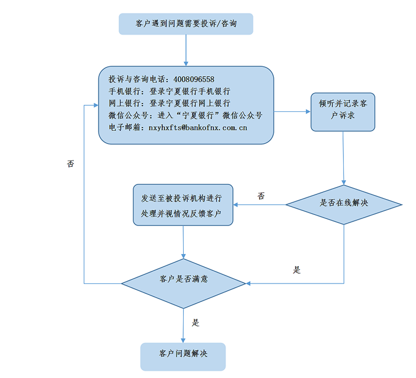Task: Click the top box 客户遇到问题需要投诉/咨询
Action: click(186, 24)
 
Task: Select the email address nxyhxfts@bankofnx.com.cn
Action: click(197, 127)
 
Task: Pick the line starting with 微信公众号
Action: click(185, 115)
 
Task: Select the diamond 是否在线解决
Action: click(344, 203)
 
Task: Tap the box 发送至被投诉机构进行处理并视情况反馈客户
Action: click(183, 205)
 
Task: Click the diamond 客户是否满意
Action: click(183, 279)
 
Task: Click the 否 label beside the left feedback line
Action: click(70, 164)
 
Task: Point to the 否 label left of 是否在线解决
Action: click(261, 196)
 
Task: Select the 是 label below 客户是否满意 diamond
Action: click(196, 323)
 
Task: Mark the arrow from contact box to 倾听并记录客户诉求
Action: click(292, 111)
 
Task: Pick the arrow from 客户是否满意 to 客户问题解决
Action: click(183, 325)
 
